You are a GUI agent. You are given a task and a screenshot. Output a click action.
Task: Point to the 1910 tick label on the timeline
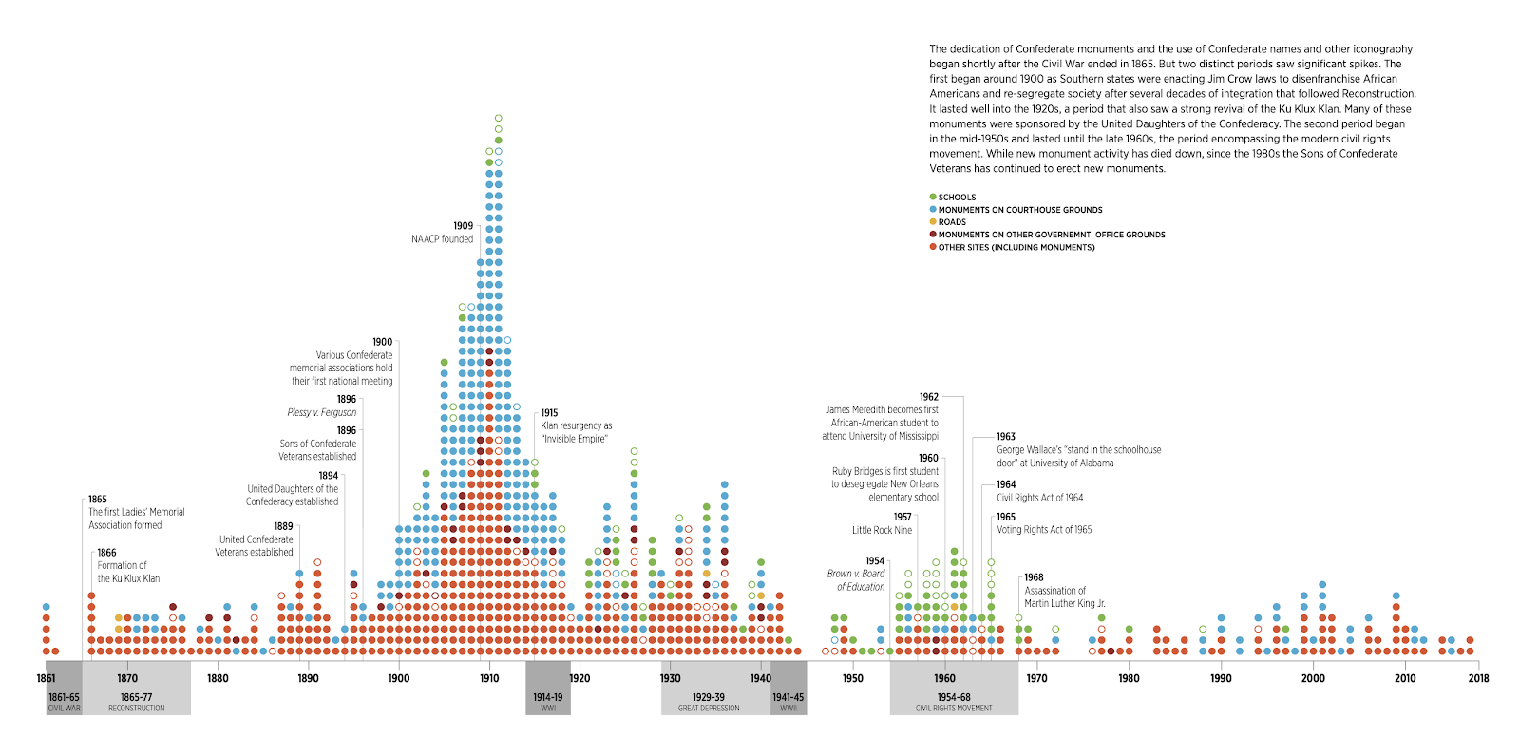coord(489,678)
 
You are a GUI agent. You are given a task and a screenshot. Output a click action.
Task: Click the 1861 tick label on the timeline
coord(47,678)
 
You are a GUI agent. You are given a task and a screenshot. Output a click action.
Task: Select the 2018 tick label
coord(1478,678)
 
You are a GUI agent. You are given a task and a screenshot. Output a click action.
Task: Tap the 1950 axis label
coord(853,678)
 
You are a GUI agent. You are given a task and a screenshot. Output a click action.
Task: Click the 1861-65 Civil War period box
coord(64,701)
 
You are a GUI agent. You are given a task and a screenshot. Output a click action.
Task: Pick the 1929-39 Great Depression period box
coord(708,701)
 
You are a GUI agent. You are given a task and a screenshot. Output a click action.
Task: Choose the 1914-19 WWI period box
coord(548,701)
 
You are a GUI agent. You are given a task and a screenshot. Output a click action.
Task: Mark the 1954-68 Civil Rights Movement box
coord(954,701)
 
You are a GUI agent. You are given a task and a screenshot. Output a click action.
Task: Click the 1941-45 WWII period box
coord(788,701)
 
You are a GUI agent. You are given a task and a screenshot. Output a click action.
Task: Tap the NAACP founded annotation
coord(442,238)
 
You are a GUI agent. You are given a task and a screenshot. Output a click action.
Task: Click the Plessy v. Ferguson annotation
coord(322,412)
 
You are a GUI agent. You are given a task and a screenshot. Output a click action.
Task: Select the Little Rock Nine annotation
coord(882,530)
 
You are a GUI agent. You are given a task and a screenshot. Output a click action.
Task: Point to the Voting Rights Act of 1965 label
coord(1044,530)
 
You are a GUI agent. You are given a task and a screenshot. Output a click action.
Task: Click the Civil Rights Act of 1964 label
coord(1039,498)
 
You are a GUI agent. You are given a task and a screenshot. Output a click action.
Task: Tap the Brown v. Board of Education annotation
coord(856,579)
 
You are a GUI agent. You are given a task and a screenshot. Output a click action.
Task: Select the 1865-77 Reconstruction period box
coord(136,701)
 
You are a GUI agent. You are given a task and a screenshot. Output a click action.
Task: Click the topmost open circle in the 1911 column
coord(498,119)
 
